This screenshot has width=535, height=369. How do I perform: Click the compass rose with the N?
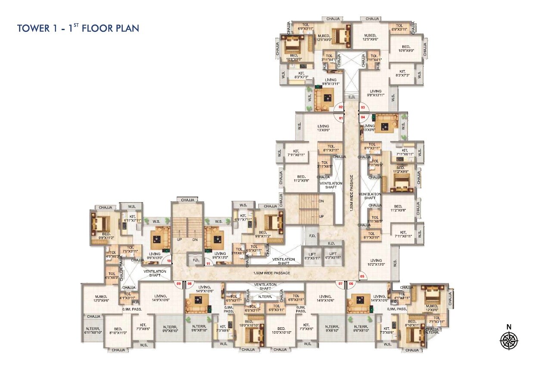pyautogui.click(x=509, y=340)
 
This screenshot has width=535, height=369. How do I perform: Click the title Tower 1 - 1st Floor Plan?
pyautogui.click(x=78, y=28)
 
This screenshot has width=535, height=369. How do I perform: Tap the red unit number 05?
pyautogui.click(x=362, y=276)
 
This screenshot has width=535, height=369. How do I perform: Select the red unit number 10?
pyautogui.click(x=169, y=261)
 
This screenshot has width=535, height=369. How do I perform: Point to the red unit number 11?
pyautogui.click(x=208, y=264)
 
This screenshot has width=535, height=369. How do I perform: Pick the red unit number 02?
pyautogui.click(x=340, y=107)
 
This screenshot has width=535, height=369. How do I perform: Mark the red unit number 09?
pyautogui.click(x=178, y=283)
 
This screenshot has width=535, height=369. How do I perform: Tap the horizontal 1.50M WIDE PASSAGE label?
pyautogui.click(x=272, y=273)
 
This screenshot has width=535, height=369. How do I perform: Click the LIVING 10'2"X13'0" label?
pyautogui.click(x=376, y=263)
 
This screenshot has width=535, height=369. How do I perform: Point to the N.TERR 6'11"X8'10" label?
pyautogui.click(x=93, y=330)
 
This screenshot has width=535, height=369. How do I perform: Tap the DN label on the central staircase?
pyautogui.click(x=321, y=201)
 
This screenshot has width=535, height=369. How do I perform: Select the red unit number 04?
pyautogui.click(x=363, y=117)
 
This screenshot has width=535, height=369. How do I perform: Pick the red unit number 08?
pyautogui.click(x=189, y=283)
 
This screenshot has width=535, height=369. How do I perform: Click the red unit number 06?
pyautogui.click(x=351, y=283)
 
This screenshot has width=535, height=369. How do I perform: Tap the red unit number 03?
pyautogui.click(x=363, y=107)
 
